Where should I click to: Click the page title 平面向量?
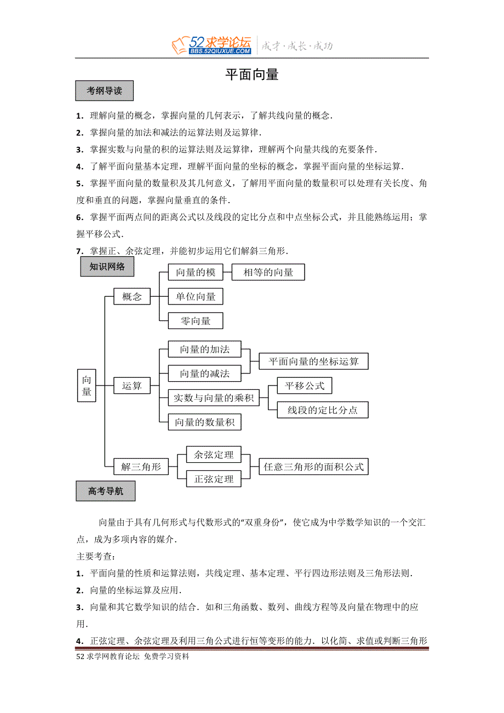[252, 75]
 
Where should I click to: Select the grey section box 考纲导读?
[104, 91]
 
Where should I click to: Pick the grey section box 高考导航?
[105, 491]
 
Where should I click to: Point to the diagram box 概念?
[132, 297]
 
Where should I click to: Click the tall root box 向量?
[87, 386]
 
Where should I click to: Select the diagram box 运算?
[132, 386]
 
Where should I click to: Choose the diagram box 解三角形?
[141, 467]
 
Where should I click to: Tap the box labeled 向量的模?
[196, 272]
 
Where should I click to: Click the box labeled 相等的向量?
[268, 272]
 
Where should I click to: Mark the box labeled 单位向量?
[196, 297]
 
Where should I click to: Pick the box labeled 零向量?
[196, 321]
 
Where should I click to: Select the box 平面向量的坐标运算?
[313, 361]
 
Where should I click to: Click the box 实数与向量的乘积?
[214, 398]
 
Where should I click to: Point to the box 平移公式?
[305, 386]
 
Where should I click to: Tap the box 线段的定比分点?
[323, 410]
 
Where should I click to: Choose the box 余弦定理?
[214, 455]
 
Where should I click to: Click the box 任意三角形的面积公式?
[313, 467]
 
